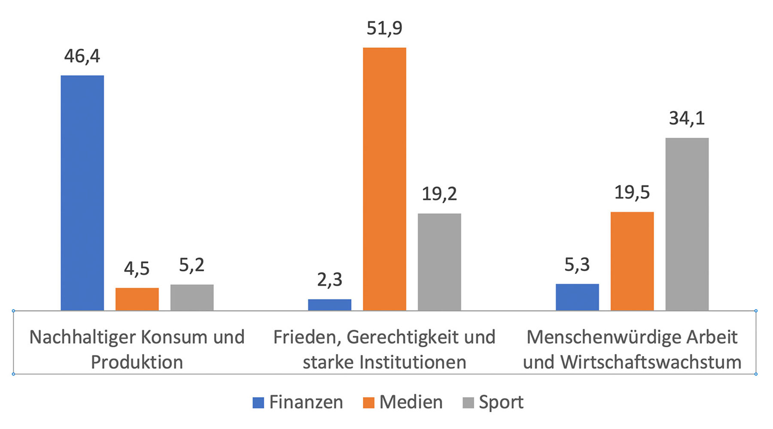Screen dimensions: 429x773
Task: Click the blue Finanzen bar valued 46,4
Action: coord(82,193)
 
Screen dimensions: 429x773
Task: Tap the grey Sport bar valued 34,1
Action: coord(687,224)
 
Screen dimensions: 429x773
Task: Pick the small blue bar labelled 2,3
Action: coord(329,305)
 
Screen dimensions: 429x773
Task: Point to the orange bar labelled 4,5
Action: coord(137,299)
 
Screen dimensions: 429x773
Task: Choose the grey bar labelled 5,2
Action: coord(192,297)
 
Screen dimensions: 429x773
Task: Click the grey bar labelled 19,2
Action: coord(439,262)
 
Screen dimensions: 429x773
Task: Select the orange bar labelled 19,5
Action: coord(632,261)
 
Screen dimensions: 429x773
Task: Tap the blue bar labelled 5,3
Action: coord(577,297)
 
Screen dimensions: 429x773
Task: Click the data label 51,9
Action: coord(384,28)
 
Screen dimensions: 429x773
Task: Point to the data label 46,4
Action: coord(82,56)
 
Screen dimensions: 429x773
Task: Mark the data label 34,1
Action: coord(687,118)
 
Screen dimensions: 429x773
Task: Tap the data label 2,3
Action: coord(329,280)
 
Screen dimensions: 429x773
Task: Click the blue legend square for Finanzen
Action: coord(258,402)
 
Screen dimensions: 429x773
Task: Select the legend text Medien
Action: coord(411,402)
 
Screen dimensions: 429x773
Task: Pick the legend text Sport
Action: coord(501,402)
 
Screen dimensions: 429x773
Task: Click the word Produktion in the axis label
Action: coord(137,363)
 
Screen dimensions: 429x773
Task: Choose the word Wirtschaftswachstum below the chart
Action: coord(651,363)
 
